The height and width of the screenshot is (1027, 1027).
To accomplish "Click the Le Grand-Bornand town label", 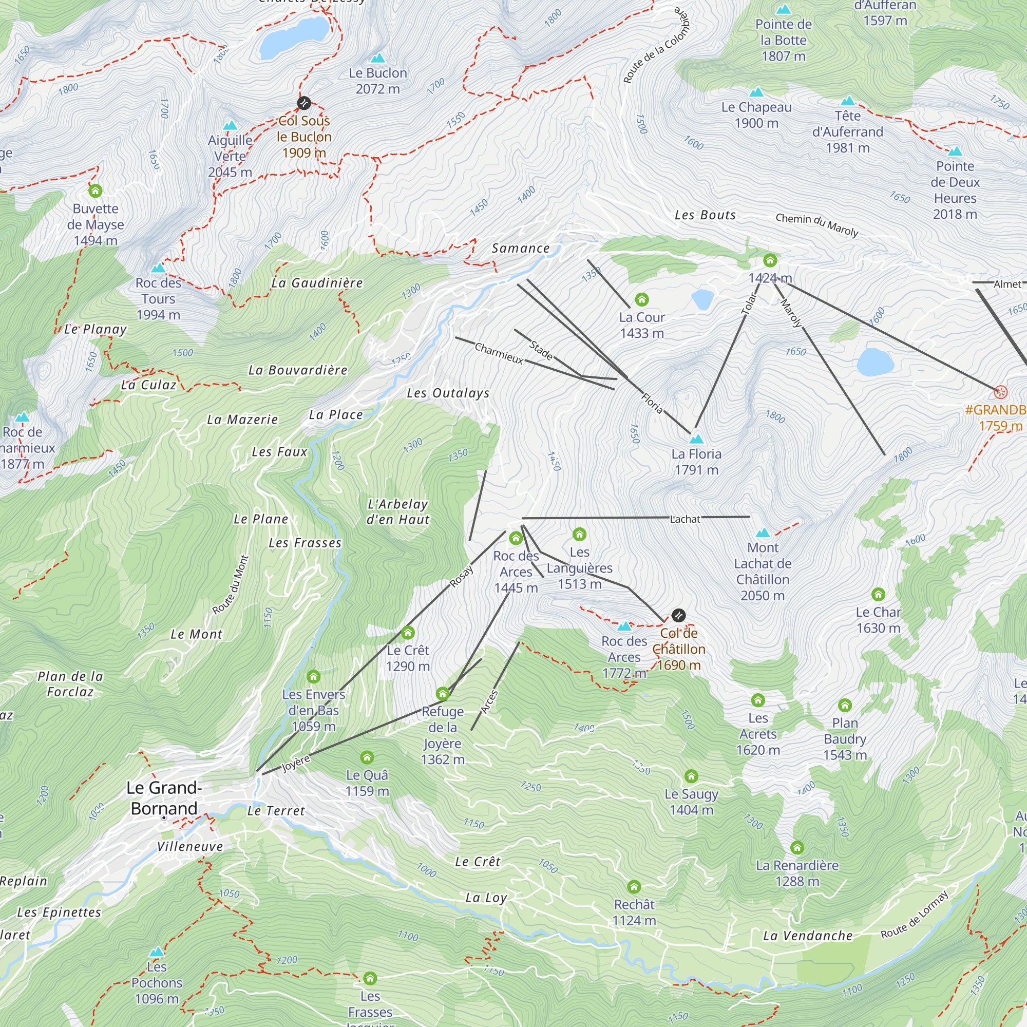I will (x=164, y=798).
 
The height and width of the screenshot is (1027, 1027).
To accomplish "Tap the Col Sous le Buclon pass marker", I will (x=304, y=103).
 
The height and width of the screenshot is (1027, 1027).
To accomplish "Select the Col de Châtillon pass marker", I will (x=678, y=616).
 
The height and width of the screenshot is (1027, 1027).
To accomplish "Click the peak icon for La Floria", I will (x=696, y=439).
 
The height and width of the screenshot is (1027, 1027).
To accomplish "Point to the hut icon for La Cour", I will (x=641, y=300).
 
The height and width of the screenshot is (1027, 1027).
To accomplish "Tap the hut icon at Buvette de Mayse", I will (x=95, y=191).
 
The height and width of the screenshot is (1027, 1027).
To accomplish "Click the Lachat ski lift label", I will (x=684, y=519).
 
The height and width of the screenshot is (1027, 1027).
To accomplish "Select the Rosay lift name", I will (x=462, y=577).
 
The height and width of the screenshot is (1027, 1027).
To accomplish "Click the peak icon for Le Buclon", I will (x=378, y=58).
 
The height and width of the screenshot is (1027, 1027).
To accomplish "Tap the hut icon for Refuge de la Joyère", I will (x=442, y=694).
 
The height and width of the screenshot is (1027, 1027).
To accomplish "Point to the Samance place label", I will (x=520, y=248).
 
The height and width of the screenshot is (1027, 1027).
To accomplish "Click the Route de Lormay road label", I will (x=915, y=915).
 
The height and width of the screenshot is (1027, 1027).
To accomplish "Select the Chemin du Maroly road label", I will (x=816, y=225).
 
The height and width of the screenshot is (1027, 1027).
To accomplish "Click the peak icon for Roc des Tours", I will (x=158, y=268).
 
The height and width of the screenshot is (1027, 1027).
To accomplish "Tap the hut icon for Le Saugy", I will (x=691, y=776).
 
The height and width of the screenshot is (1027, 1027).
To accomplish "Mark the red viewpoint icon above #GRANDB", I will (x=1000, y=393).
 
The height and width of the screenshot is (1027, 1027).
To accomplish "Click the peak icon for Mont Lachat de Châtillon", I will (x=763, y=532).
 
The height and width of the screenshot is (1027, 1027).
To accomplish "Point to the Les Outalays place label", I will (x=448, y=393).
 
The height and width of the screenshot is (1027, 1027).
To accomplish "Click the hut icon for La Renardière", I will (x=797, y=847).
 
